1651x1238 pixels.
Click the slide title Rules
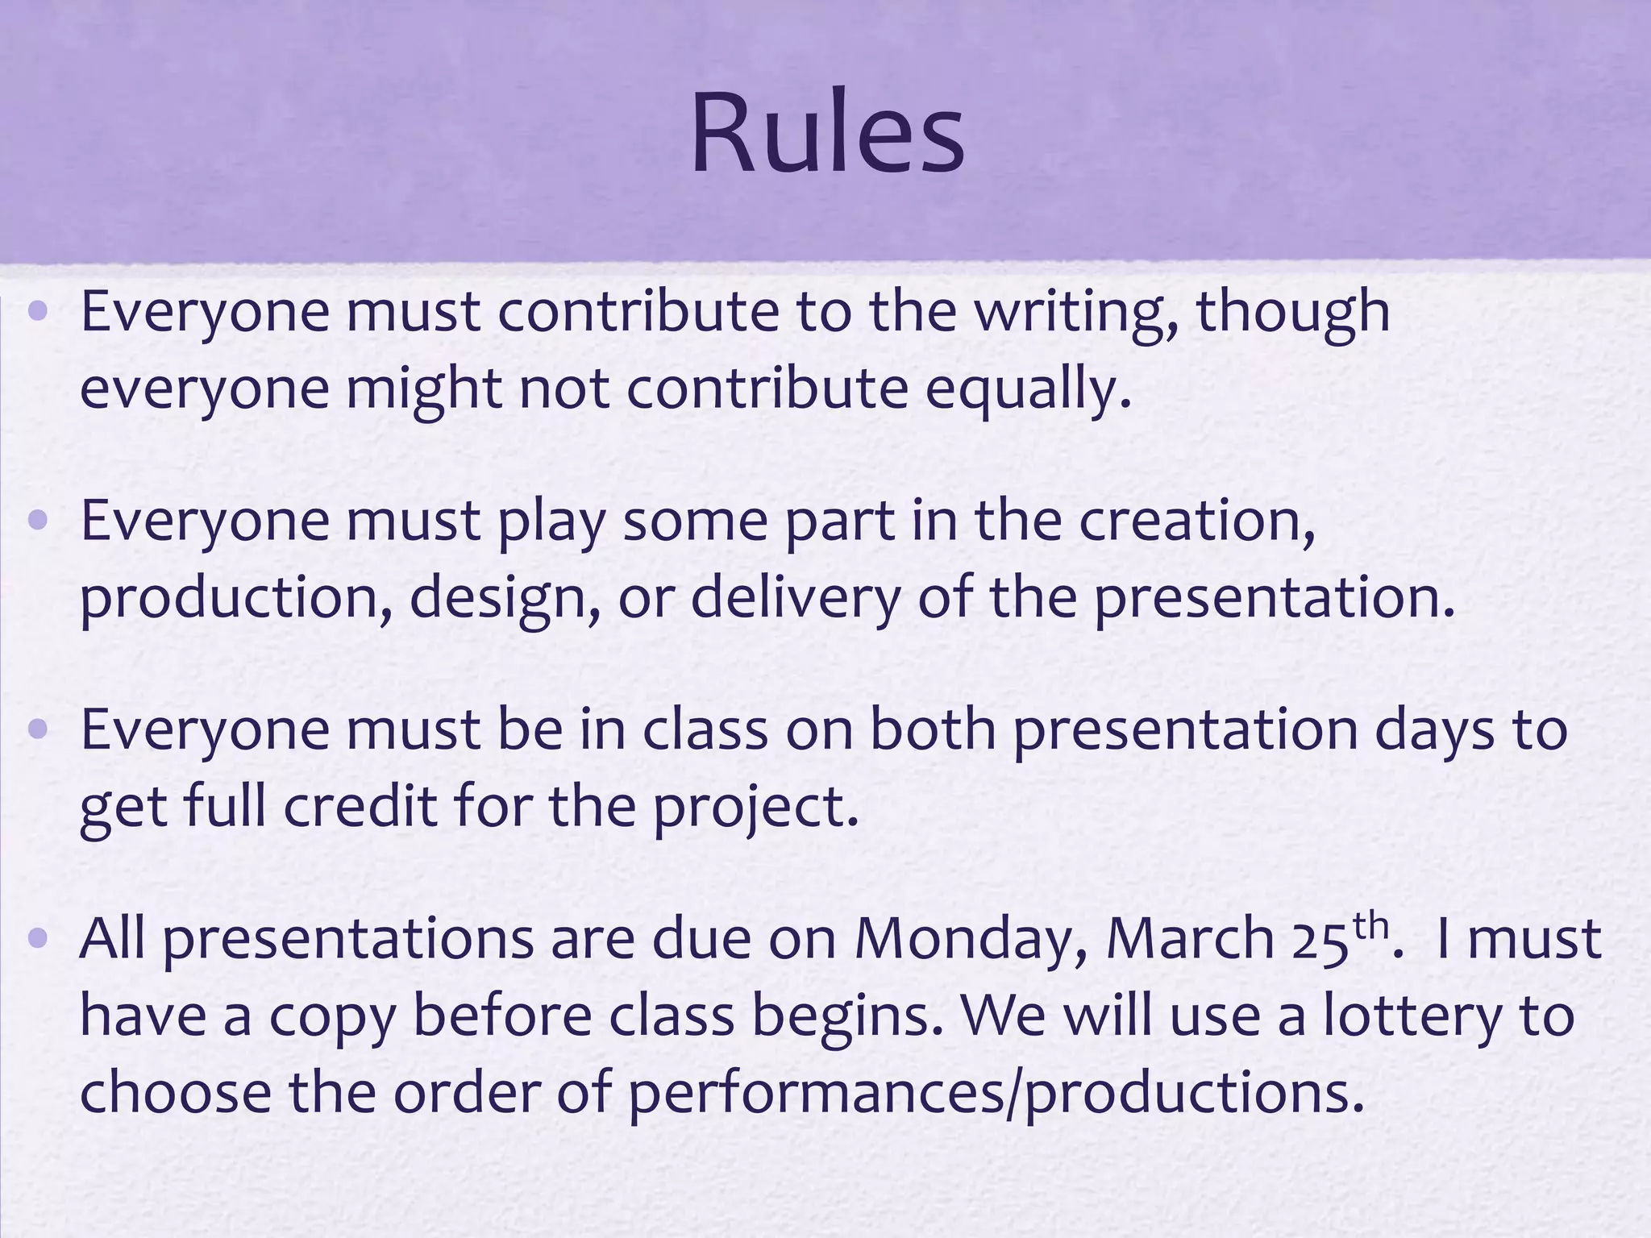pyautogui.click(x=827, y=134)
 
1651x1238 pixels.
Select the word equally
pyautogui.click(x=1027, y=389)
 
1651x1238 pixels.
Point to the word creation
pyautogui.click(x=1196, y=521)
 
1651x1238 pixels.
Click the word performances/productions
pyautogui.click(x=996, y=1093)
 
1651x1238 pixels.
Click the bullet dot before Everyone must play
pyautogui.click(x=39, y=521)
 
